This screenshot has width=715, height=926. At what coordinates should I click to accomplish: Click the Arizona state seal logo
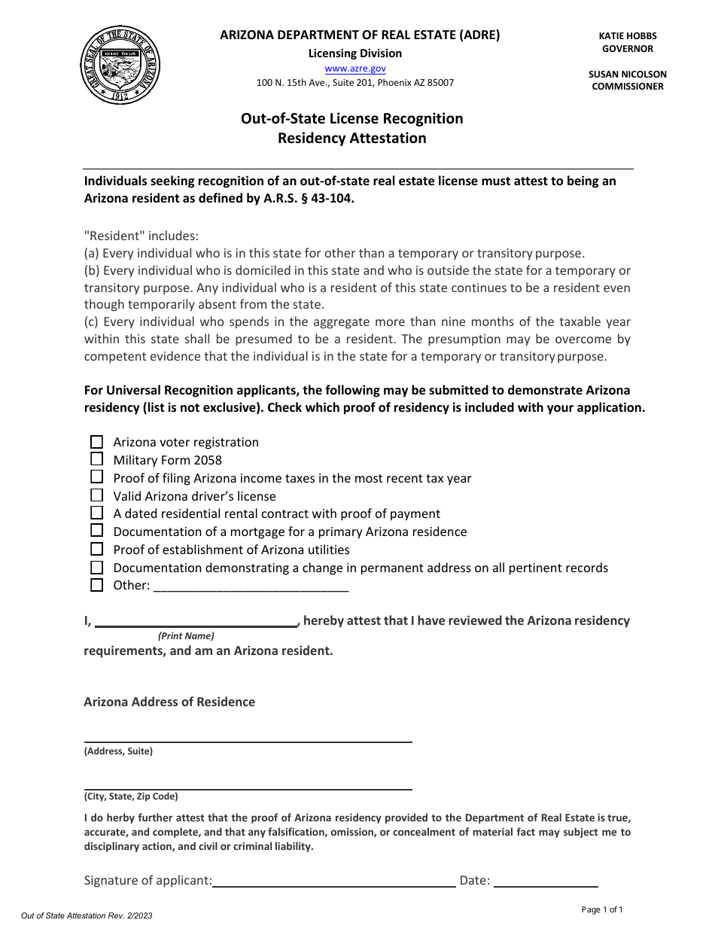coord(120,65)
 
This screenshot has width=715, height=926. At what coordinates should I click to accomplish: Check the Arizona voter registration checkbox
coord(96,442)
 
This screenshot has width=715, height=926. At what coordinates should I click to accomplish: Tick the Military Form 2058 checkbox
coord(96,459)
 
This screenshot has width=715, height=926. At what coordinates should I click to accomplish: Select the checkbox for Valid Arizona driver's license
coord(96,495)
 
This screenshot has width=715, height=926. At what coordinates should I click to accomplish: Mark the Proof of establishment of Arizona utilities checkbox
coord(96,550)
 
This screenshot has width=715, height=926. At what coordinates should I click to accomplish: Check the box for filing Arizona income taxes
coord(96,477)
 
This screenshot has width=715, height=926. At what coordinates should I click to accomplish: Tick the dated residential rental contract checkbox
coord(96,513)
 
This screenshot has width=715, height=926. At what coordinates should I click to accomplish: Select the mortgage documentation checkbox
coord(96,532)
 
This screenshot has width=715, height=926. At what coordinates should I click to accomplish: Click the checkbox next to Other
coord(96,585)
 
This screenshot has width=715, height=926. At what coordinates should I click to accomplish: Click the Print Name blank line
coord(196,621)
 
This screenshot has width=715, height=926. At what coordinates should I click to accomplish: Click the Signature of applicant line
coord(334,881)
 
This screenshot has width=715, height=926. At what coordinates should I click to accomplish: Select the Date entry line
coord(546,881)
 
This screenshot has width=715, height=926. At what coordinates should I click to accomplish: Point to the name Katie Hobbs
coord(628,36)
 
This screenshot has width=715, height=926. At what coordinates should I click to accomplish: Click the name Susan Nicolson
coord(628,75)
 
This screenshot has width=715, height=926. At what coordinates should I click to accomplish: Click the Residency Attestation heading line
coord(351,139)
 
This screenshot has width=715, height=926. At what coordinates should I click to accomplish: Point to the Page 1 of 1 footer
coord(602,909)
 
